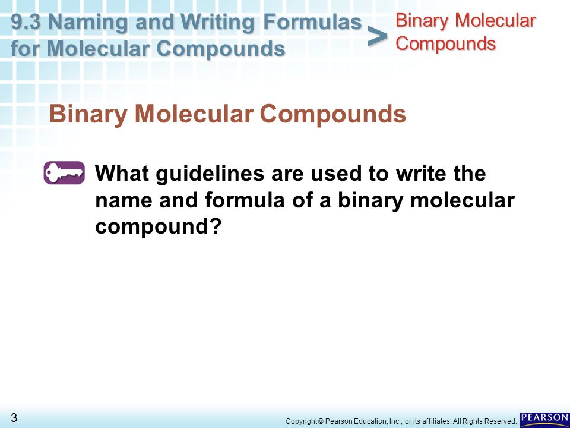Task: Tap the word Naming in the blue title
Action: tap(88, 23)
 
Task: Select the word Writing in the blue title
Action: tap(220, 23)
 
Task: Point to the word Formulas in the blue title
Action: tap(312, 22)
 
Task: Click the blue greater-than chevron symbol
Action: tap(378, 37)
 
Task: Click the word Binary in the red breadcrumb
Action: tap(422, 21)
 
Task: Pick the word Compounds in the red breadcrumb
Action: tap(446, 44)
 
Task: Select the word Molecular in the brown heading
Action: tap(194, 114)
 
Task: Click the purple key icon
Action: tap(64, 172)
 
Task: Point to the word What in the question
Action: tap(122, 173)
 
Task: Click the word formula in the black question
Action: tap(245, 200)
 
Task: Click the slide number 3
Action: tap(14, 417)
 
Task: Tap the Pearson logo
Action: tap(544, 420)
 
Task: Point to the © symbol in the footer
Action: tap(321, 421)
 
